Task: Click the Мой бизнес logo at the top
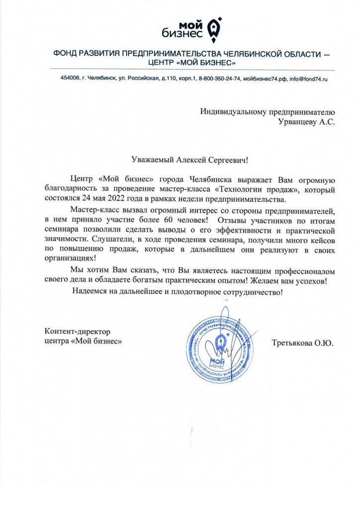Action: point(191,28)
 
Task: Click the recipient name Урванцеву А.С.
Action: point(307,122)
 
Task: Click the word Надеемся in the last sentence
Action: point(91,291)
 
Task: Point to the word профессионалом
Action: point(300,271)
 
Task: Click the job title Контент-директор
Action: point(77,332)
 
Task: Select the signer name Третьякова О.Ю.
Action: point(302,343)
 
